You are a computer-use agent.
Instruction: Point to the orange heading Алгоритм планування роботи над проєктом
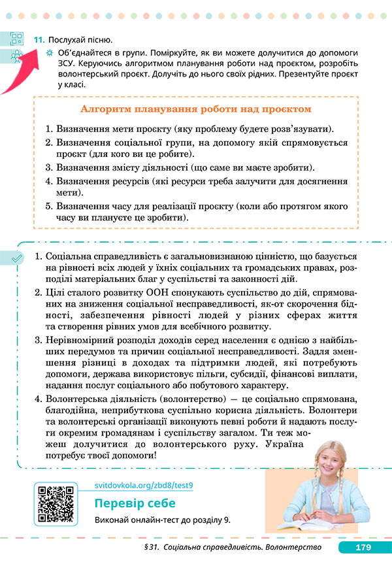point(195,109)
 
